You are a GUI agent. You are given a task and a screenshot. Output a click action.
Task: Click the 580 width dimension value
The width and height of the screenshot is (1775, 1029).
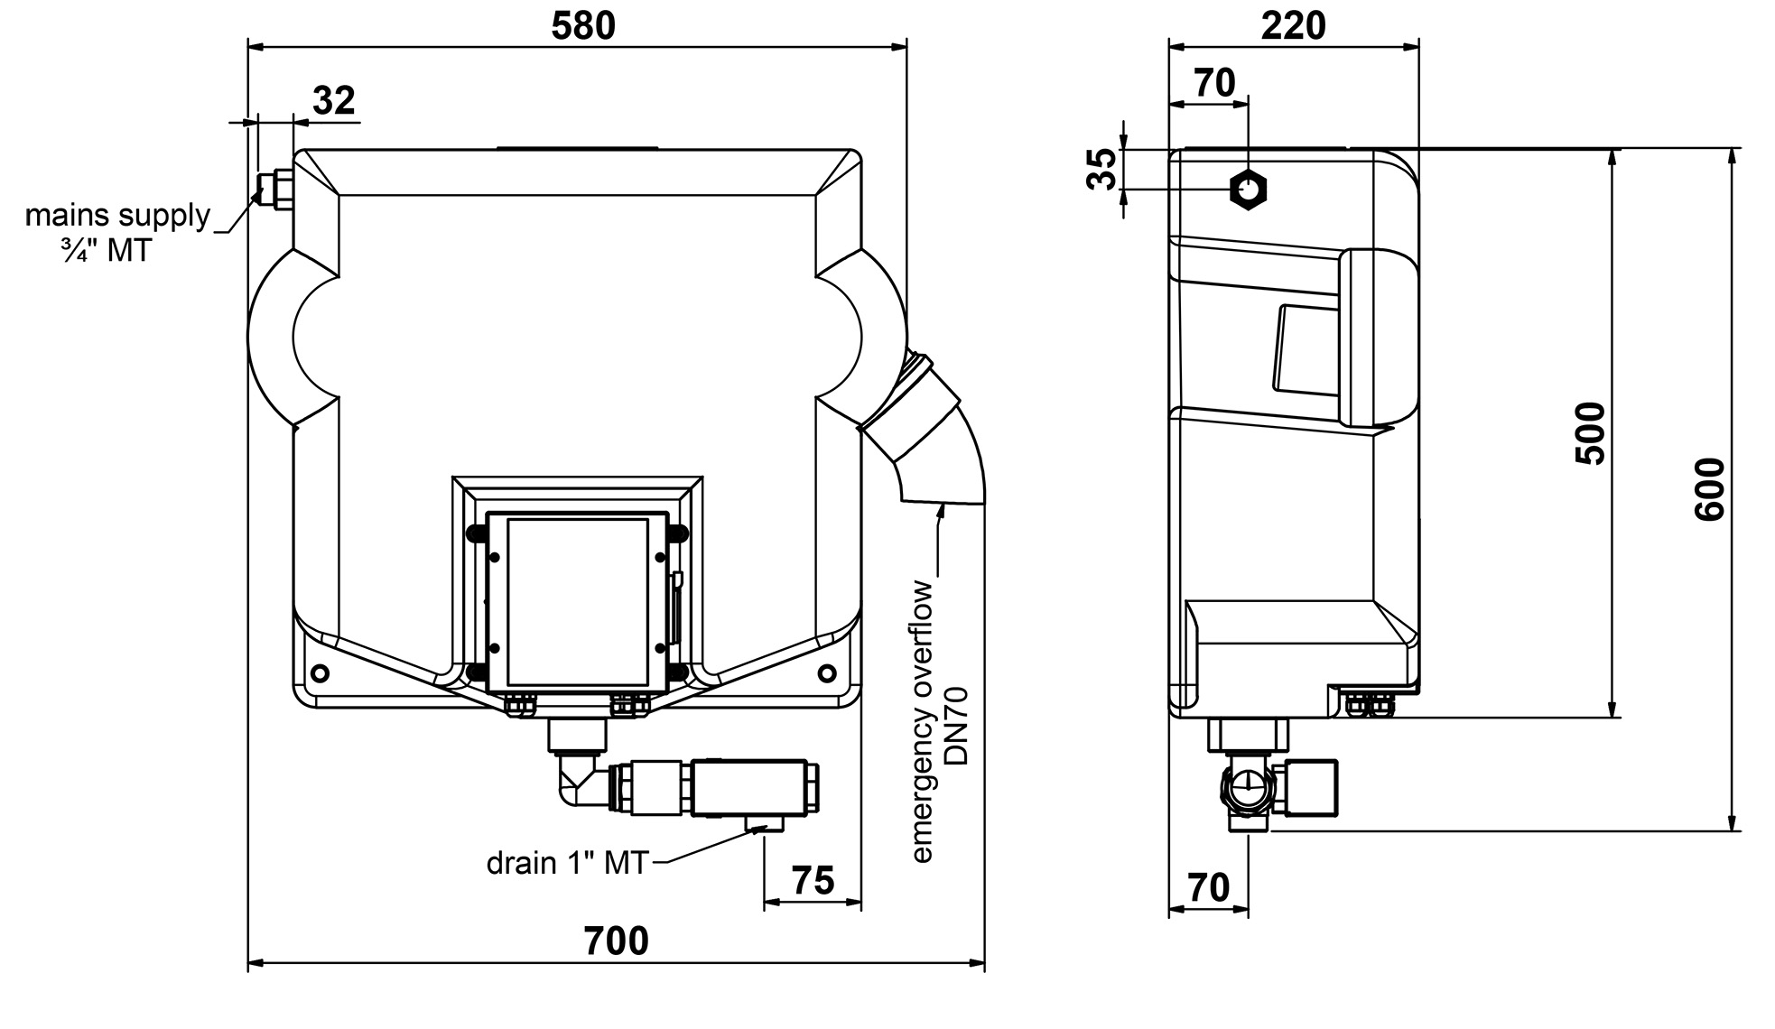[583, 26]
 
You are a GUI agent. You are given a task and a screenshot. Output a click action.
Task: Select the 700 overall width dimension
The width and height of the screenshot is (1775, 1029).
[616, 941]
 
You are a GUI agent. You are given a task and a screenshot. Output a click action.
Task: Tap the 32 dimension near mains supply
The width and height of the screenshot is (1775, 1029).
[334, 100]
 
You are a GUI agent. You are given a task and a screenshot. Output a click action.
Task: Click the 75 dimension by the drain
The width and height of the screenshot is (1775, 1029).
[813, 880]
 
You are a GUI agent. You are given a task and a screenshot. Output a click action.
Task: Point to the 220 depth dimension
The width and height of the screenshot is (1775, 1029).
[1293, 26]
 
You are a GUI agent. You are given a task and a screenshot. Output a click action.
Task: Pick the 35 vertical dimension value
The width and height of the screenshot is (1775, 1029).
[1101, 170]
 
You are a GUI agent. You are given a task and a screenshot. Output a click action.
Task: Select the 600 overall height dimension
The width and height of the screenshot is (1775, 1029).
[1709, 489]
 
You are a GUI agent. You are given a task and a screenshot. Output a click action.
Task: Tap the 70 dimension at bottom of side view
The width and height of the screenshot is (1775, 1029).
[1208, 888]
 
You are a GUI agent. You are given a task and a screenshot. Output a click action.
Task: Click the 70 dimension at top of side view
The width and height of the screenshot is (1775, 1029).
[1214, 83]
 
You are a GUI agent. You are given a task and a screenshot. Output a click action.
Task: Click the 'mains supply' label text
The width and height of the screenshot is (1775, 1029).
[117, 216]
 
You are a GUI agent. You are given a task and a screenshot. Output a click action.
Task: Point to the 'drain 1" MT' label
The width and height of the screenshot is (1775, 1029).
[567, 863]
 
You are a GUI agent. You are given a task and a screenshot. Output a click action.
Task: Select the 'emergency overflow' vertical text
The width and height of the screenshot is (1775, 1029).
[922, 722]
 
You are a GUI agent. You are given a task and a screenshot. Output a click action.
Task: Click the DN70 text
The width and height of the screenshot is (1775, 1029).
[957, 726]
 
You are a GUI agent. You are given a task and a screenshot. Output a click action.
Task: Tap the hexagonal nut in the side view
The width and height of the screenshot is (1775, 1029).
[1249, 190]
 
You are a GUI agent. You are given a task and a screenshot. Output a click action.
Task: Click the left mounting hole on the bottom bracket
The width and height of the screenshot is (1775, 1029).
[320, 672]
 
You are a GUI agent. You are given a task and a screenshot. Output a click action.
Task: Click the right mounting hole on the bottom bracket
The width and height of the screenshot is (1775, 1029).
[826, 672]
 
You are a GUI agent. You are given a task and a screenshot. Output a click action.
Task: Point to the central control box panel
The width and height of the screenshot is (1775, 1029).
[578, 601]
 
